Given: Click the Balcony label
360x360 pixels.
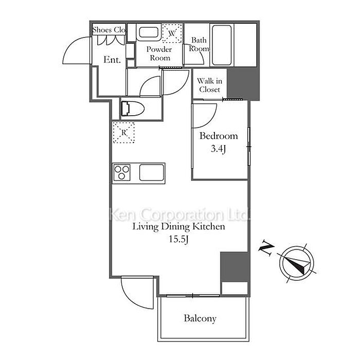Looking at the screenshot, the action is point(200,318).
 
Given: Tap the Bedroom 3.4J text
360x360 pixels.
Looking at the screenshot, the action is point(219,142).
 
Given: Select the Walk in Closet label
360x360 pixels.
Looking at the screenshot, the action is point(209,85).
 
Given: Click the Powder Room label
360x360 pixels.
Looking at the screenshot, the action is point(159,53).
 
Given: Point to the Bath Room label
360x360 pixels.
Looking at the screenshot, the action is point(199,44).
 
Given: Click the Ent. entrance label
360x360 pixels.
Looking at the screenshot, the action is point(112,60).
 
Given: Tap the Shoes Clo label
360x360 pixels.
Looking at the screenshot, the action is point(109,30).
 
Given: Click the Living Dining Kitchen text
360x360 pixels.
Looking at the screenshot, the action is point(178,227).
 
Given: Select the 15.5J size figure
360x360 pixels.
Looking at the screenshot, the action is point(178,239).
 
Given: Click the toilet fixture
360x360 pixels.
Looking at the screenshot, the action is point(133,109).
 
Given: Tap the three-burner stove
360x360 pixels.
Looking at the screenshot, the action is point(122,172).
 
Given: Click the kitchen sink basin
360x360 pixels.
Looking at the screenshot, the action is point(152,172).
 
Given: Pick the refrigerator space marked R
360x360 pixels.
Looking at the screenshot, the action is point(123,133).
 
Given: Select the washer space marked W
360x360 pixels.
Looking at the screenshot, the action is point(172,33).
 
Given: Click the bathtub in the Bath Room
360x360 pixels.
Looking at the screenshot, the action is point(222,45).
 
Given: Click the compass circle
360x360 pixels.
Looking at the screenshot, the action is point(297,263).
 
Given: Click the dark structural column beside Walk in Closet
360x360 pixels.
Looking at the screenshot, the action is point(243,84).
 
